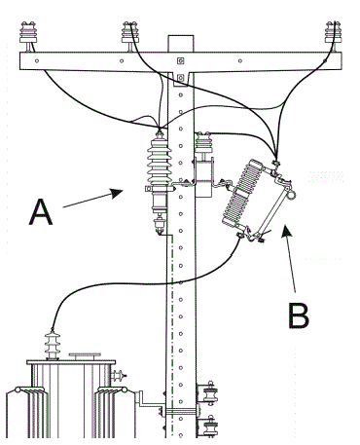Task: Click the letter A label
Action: [x=41, y=212]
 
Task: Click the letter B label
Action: [x=299, y=315]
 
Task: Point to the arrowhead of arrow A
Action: [x=117, y=192]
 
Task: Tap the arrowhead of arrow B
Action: [x=286, y=231]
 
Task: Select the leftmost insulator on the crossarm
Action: [x=28, y=32]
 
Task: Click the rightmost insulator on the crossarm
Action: [x=333, y=32]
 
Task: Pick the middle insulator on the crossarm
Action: [x=130, y=32]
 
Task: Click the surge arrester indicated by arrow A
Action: [x=159, y=182]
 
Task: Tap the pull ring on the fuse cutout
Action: [x=292, y=195]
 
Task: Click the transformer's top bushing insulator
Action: [x=52, y=345]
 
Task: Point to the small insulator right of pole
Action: [x=204, y=142]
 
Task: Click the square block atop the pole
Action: [x=181, y=44]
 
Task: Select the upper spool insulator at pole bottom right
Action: [x=209, y=393]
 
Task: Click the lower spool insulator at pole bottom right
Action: [x=210, y=426]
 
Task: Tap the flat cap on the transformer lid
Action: [x=85, y=356]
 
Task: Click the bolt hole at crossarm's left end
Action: [x=37, y=60]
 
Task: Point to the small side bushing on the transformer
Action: [x=118, y=376]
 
